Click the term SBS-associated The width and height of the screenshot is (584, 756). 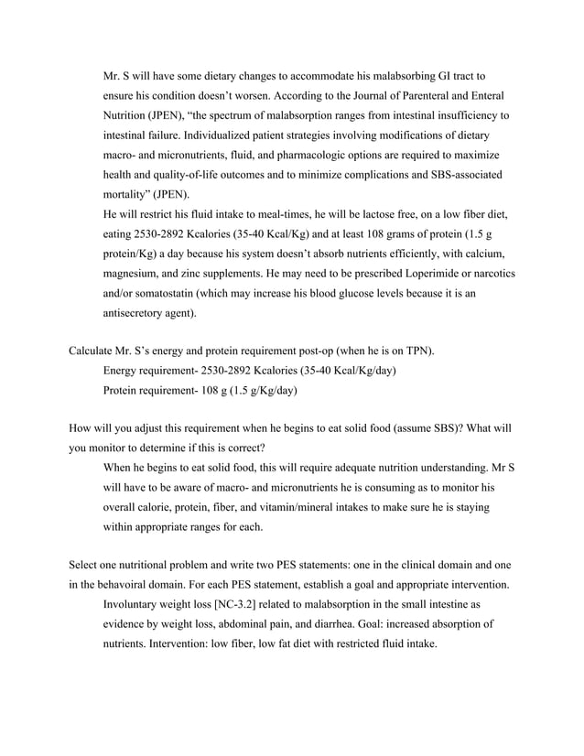(465, 174)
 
